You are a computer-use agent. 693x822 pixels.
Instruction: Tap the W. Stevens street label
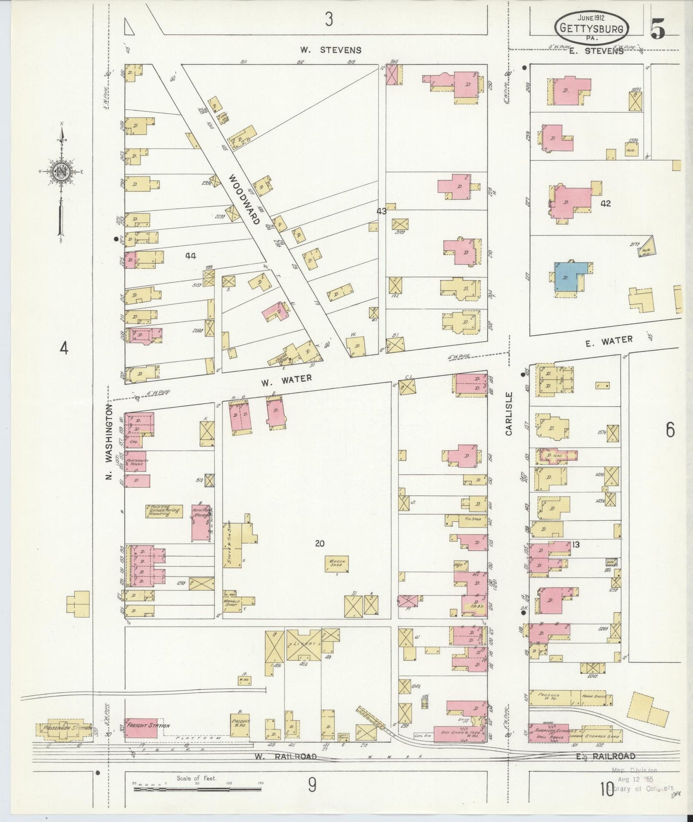point(330,49)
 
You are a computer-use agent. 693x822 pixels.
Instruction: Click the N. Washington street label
point(109,442)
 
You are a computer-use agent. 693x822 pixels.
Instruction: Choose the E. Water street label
point(609,341)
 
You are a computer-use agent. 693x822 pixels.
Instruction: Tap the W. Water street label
point(286,380)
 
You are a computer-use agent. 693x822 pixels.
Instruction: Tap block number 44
point(190,256)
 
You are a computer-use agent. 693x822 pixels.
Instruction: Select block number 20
point(320,543)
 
